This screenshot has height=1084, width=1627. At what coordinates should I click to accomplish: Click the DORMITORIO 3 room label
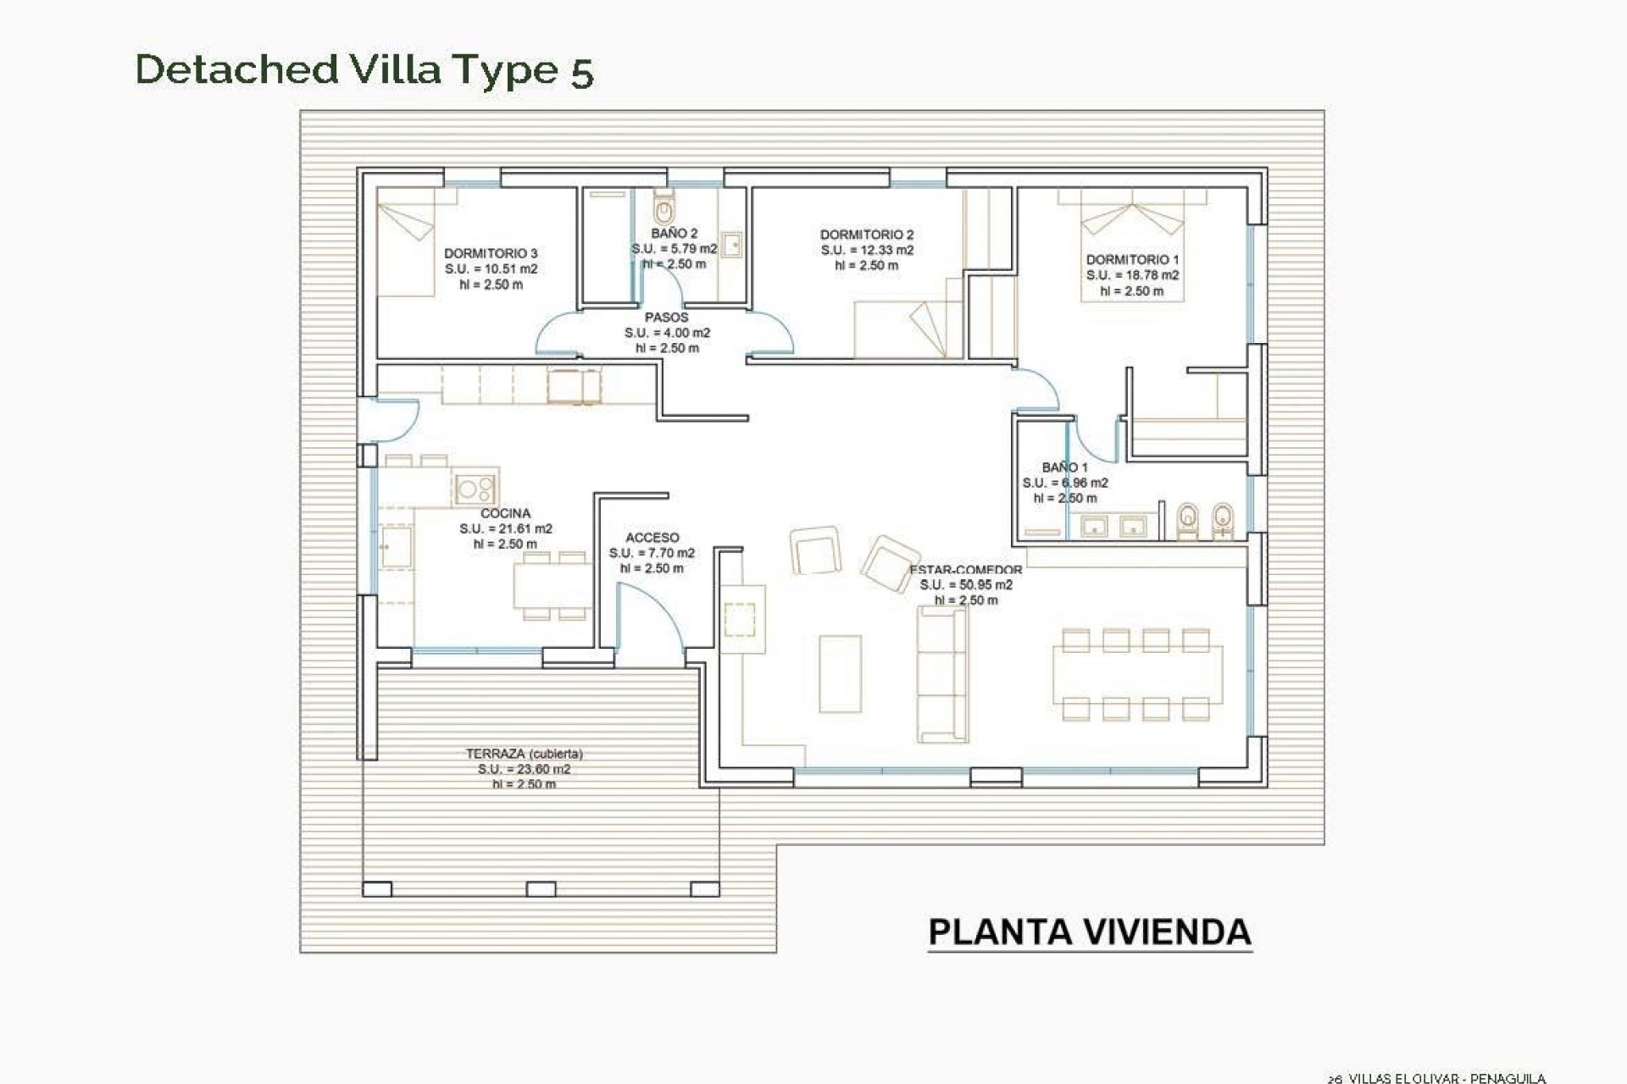491,253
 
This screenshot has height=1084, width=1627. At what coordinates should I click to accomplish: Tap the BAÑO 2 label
675,233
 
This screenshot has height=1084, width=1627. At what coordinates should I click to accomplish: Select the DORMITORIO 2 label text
867,235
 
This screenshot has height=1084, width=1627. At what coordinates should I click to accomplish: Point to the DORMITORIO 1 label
1132,260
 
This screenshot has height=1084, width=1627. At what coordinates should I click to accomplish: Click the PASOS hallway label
667,318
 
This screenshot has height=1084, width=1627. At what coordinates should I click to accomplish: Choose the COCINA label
505,513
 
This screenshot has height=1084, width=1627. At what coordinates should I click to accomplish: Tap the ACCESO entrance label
652,538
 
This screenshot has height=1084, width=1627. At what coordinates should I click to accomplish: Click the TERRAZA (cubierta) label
524,754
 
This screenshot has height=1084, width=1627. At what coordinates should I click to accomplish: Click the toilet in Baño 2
664,207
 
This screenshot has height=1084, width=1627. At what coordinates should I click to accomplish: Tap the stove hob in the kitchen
475,488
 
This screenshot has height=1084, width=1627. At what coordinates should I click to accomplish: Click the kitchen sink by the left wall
395,547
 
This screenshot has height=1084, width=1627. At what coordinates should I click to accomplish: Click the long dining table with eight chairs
1137,675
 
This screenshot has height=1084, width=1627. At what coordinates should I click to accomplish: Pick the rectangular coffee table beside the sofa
840,674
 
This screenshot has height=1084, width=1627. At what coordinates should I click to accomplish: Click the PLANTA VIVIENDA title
1090,932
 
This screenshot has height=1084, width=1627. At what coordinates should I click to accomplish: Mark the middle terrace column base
541,889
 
